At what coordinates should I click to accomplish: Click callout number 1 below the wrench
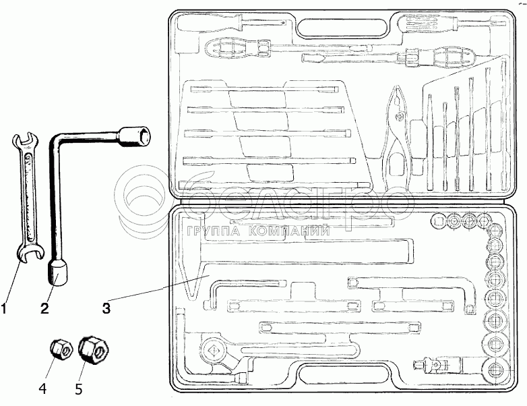tap(5, 310)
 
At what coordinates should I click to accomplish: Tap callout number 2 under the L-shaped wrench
tap(44, 310)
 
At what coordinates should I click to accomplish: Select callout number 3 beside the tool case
tap(106, 310)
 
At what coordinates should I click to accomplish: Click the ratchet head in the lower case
tap(215, 349)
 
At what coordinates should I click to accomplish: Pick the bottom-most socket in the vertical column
tap(497, 370)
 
